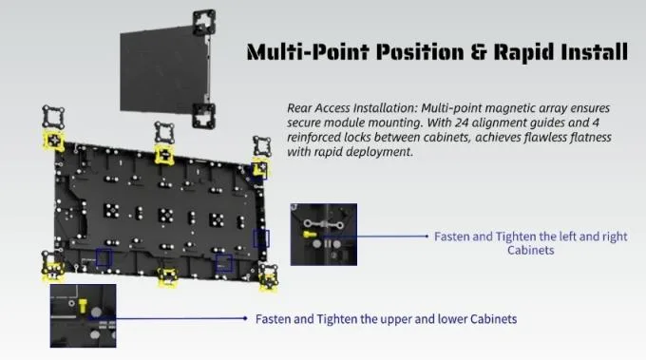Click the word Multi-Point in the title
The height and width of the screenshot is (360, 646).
pyautogui.click(x=311, y=52)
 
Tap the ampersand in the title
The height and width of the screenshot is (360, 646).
pyautogui.click(x=478, y=52)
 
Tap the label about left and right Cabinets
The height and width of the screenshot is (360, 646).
pyautogui.click(x=531, y=243)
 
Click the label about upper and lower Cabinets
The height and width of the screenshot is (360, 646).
pyautogui.click(x=386, y=319)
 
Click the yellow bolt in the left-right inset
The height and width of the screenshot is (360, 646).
pyautogui.click(x=310, y=235)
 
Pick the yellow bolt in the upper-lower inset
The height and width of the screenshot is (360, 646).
pyautogui.click(x=83, y=306)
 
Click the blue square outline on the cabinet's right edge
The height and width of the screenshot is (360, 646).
pyautogui.click(x=261, y=238)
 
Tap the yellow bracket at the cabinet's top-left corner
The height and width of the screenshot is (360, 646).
pyautogui.click(x=53, y=141)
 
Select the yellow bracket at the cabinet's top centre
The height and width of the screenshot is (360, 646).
pyautogui.click(x=164, y=155)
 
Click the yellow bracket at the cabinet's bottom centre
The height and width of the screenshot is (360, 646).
pyautogui.click(x=168, y=276)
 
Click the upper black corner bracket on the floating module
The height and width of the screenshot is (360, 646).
pyautogui.click(x=204, y=23)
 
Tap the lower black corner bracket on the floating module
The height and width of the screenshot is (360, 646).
pyautogui.click(x=204, y=116)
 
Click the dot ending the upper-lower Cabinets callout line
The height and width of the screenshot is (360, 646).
pyautogui.click(x=245, y=318)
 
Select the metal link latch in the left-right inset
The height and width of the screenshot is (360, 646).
pyautogui.click(x=323, y=224)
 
